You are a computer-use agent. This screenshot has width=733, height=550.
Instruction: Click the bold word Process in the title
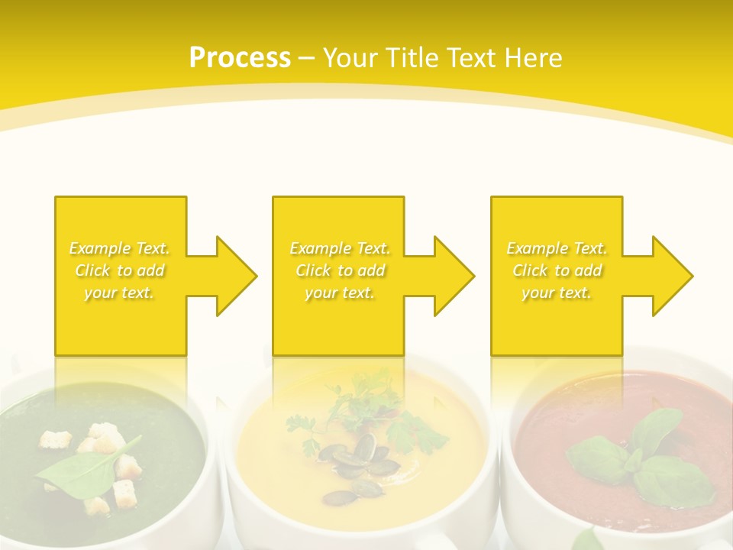[240, 58]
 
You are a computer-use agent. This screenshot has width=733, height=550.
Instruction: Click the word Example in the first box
[99, 248]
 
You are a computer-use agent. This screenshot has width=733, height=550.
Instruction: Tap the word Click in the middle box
[313, 270]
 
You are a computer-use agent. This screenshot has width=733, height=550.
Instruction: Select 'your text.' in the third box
[557, 293]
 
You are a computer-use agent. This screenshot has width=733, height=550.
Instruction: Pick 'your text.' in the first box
[119, 293]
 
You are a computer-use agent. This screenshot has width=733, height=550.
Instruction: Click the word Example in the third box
[537, 248]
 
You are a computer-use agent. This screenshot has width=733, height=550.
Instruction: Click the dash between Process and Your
[306, 58]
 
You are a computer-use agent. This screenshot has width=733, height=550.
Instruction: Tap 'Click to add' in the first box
[120, 270]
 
